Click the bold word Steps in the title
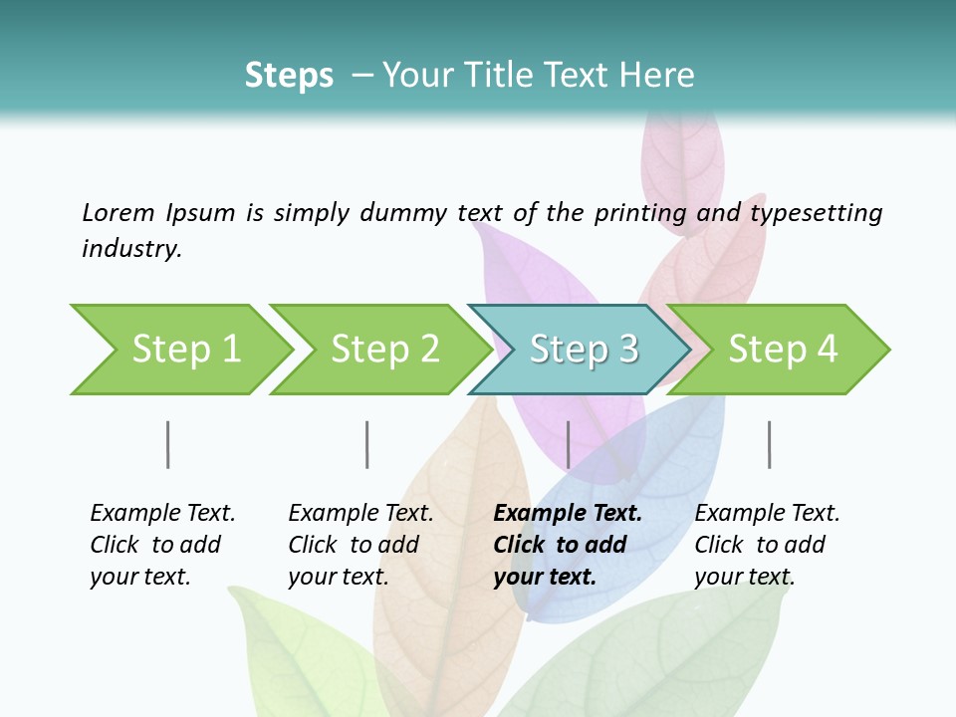[x=289, y=76]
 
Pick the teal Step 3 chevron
[x=584, y=350]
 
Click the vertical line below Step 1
[x=168, y=444]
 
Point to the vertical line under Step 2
[x=367, y=444]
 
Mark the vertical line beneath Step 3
[x=568, y=444]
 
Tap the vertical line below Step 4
[x=769, y=444]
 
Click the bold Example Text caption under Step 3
[x=567, y=545]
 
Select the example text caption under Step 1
[x=162, y=545]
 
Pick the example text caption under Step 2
[x=360, y=545]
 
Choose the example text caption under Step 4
[x=767, y=545]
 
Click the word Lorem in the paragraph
[x=119, y=213]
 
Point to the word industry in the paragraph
[x=131, y=249]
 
